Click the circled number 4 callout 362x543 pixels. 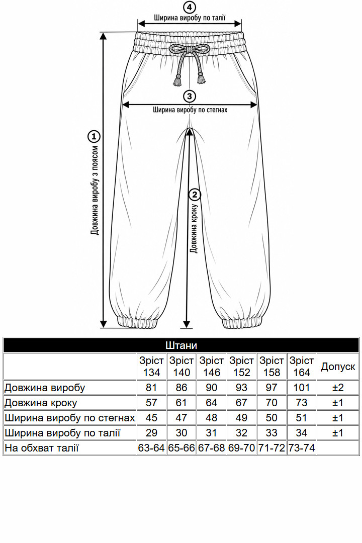tap(189, 8)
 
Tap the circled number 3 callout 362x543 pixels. tap(189, 96)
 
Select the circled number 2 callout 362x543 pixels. tap(195, 195)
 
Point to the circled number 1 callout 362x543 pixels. tap(94, 136)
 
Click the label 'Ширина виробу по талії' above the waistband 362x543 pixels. tap(190, 18)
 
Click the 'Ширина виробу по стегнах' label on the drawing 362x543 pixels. tap(190, 110)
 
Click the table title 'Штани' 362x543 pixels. tap(181, 345)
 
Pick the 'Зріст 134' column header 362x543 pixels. tap(151, 367)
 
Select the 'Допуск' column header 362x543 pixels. tap(338, 367)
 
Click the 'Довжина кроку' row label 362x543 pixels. tap(41, 403)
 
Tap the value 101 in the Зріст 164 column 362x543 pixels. tap(301, 388)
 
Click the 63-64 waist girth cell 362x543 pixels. tap(151, 448)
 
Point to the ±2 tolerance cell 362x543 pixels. tap(338, 388)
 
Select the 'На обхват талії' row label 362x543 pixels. tap(42, 448)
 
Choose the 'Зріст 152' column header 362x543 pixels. tap(241, 367)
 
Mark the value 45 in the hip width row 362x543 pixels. tap(151, 418)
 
